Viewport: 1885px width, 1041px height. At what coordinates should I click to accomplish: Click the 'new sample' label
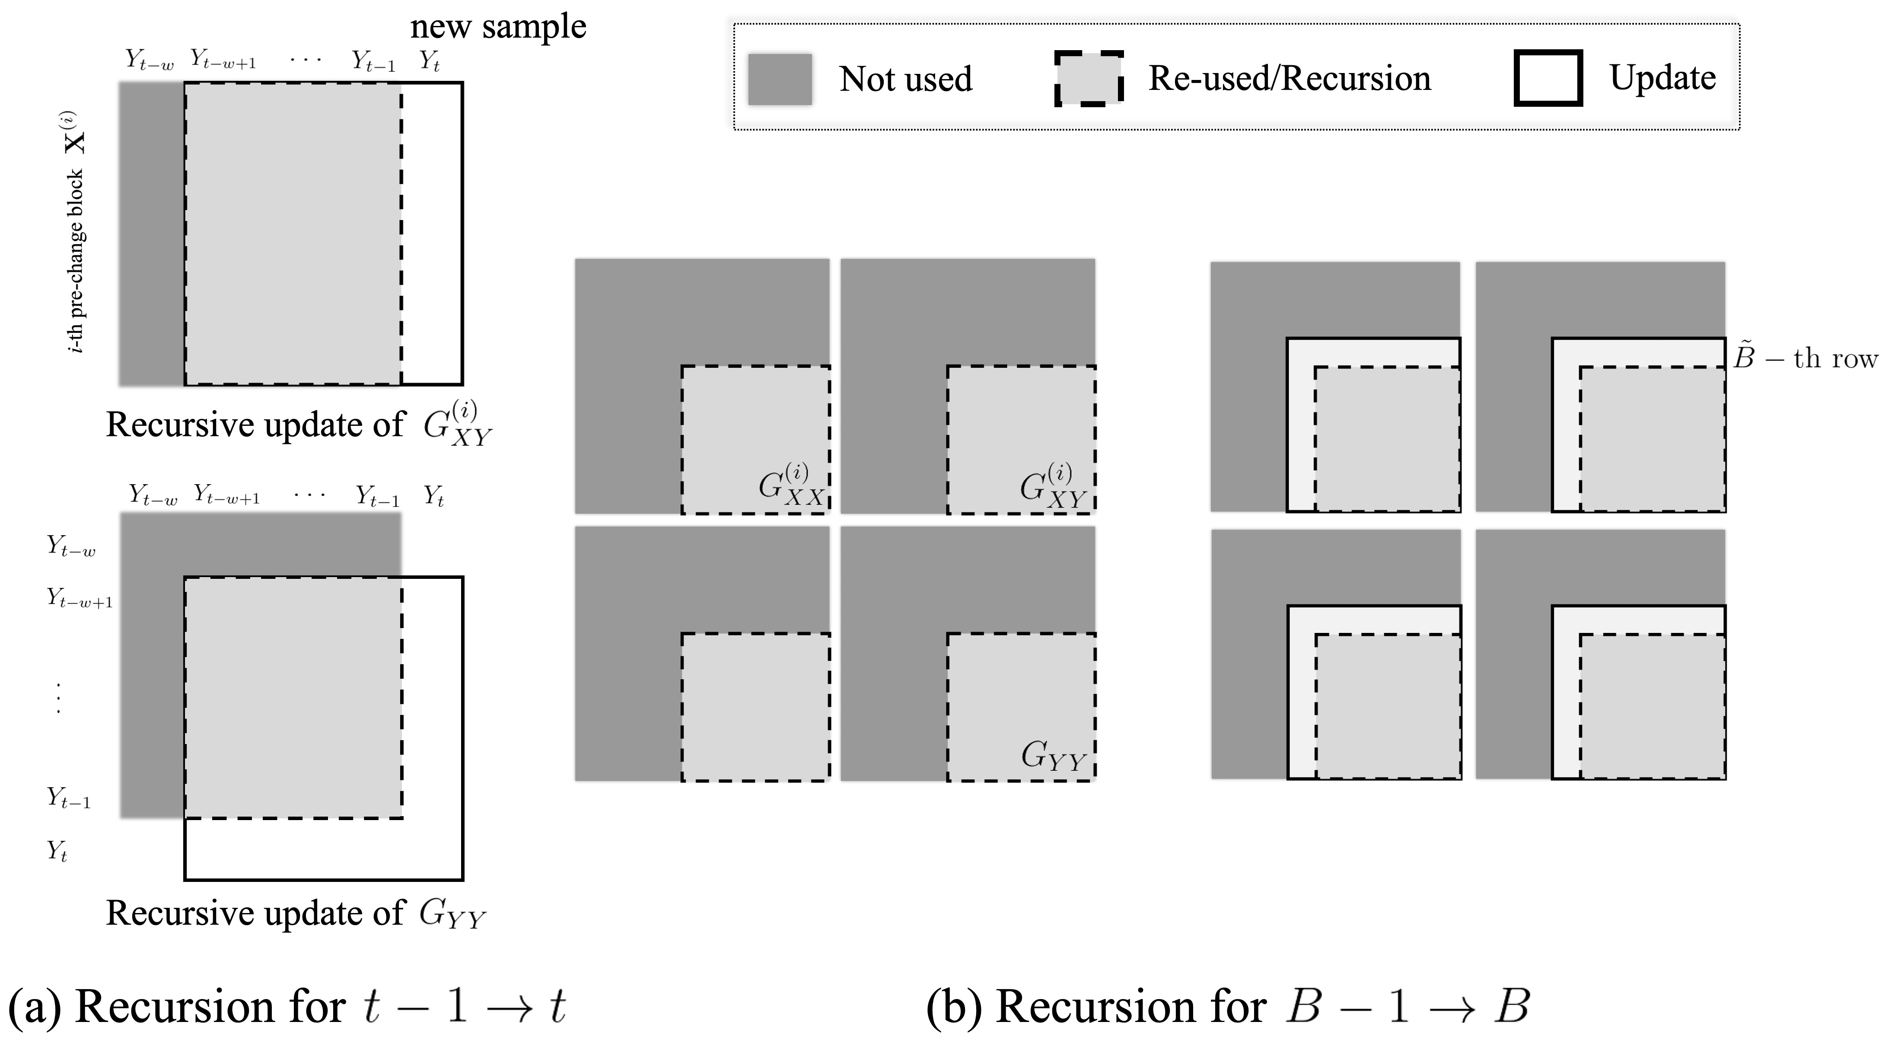498,28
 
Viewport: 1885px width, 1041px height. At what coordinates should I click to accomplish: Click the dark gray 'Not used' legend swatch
779,79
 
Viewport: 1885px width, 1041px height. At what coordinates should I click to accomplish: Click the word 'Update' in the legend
1662,77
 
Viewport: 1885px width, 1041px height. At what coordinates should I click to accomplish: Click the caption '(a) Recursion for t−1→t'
287,1006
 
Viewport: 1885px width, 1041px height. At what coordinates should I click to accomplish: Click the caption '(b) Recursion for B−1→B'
1228,1006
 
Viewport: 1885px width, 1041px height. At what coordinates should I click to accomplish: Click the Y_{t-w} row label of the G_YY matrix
71,546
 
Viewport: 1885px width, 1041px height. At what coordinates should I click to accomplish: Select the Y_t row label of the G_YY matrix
57,851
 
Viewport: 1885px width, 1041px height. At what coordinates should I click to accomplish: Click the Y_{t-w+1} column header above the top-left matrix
223,59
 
